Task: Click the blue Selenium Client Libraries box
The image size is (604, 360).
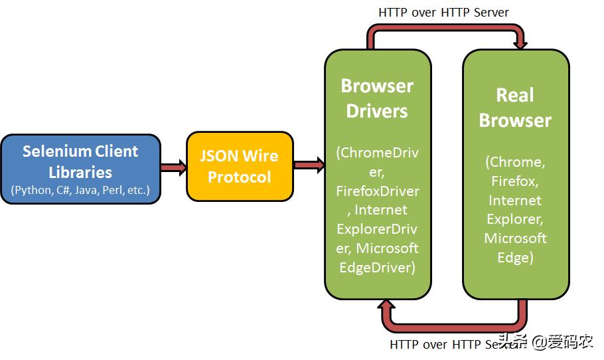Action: (80, 169)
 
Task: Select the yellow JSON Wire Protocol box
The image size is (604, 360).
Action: (240, 166)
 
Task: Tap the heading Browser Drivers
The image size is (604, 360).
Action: (377, 98)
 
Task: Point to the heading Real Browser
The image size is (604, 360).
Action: (515, 107)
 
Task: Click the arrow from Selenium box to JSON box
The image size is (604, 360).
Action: (173, 167)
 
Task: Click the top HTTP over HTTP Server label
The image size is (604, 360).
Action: (443, 12)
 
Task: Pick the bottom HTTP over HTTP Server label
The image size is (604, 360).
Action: (445, 345)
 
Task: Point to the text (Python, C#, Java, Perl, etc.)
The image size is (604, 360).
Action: (80, 191)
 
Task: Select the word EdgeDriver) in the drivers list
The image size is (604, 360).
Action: (377, 268)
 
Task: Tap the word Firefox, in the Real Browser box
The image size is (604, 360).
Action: (515, 181)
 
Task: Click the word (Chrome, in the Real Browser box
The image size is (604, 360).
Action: (515, 161)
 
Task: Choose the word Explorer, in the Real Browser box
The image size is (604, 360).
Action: (515, 219)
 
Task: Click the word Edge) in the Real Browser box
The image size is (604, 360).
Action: (515, 257)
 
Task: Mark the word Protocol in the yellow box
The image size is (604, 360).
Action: (240, 177)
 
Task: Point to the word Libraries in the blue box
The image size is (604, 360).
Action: (80, 172)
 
